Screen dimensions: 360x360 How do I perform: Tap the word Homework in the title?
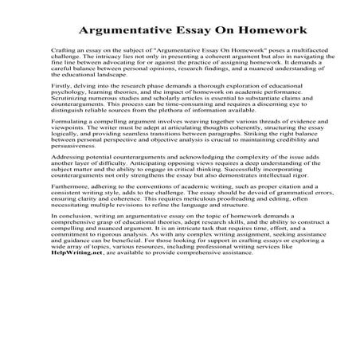click(262, 30)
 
